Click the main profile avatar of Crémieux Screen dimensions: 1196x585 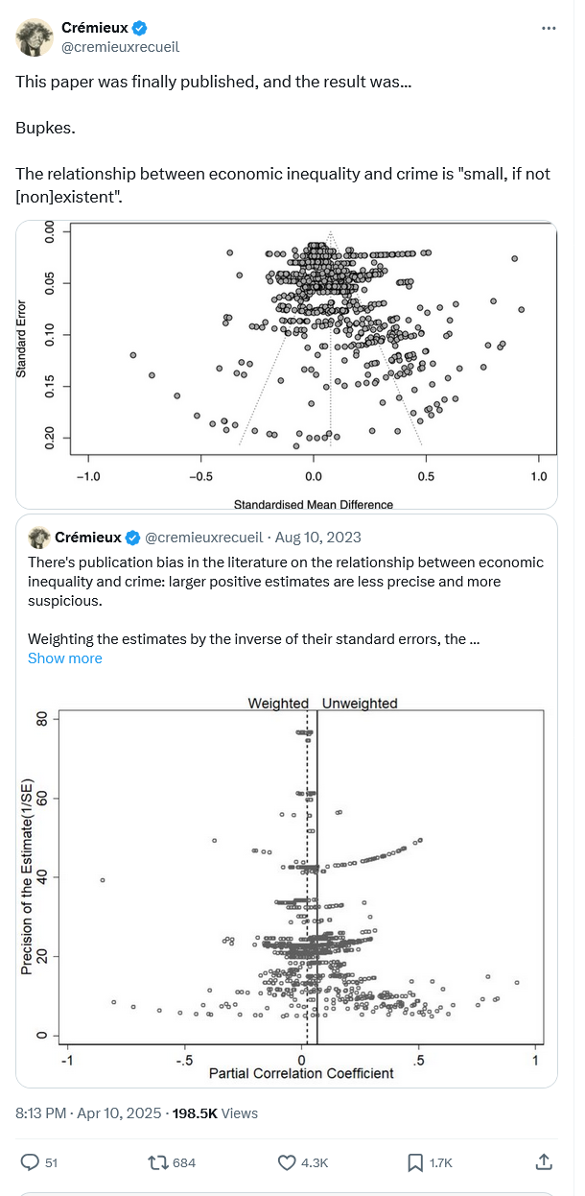(x=35, y=36)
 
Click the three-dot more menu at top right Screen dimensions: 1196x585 (x=549, y=29)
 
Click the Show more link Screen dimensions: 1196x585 (x=64, y=658)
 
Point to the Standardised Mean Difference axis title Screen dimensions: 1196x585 (x=313, y=504)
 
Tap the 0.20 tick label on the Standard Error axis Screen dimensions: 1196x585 (x=52, y=438)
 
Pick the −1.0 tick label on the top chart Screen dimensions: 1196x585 (x=87, y=476)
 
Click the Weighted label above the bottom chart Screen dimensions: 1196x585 (x=278, y=704)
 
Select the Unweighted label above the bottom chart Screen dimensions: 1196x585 (x=360, y=704)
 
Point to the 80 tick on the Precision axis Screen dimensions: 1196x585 (x=40, y=718)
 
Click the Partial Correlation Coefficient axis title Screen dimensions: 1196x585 (x=301, y=1073)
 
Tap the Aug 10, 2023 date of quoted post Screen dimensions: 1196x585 (x=318, y=538)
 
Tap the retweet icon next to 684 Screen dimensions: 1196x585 (x=156, y=1162)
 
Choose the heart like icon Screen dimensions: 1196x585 (x=286, y=1162)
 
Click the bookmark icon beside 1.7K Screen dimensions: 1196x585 (x=414, y=1162)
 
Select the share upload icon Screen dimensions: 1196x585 (x=543, y=1162)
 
